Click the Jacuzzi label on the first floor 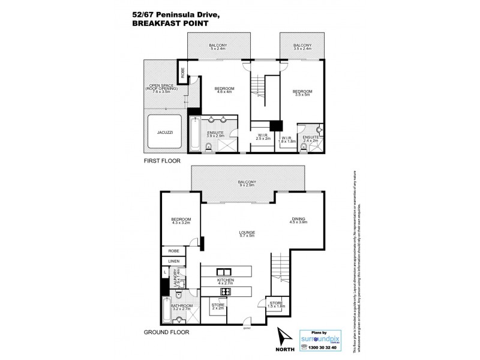point(166,131)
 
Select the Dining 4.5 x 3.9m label point(298,220)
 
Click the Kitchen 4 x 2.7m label point(226,283)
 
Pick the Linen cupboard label point(174,262)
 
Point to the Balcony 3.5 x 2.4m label point(302,47)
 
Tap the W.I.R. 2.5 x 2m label point(262,136)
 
